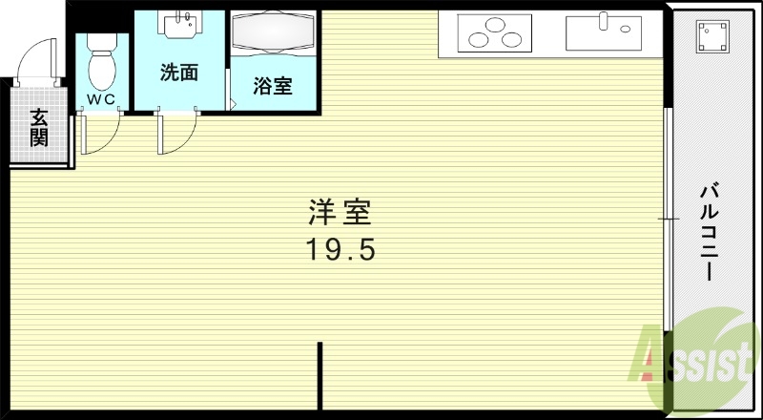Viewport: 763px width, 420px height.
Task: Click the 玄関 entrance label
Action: (39, 128)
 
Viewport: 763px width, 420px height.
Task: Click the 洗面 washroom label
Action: (178, 72)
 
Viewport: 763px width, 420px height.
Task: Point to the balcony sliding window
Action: (669, 220)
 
